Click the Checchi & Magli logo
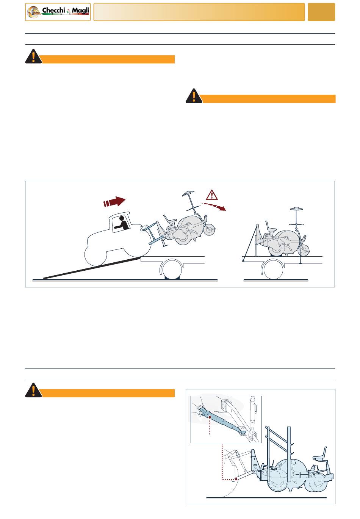tap(58, 12)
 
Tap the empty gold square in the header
tap(321, 12)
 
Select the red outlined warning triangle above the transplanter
tap(212, 195)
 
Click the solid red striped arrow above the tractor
tap(114, 202)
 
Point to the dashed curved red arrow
tap(213, 206)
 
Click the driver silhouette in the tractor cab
tap(122, 223)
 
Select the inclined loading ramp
tap(92, 268)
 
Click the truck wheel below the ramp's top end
tap(172, 269)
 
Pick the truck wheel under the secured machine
tap(273, 269)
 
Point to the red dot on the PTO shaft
tap(210, 417)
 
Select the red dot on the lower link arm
tap(236, 479)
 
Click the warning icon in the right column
tap(194, 96)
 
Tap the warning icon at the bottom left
tap(34, 390)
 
